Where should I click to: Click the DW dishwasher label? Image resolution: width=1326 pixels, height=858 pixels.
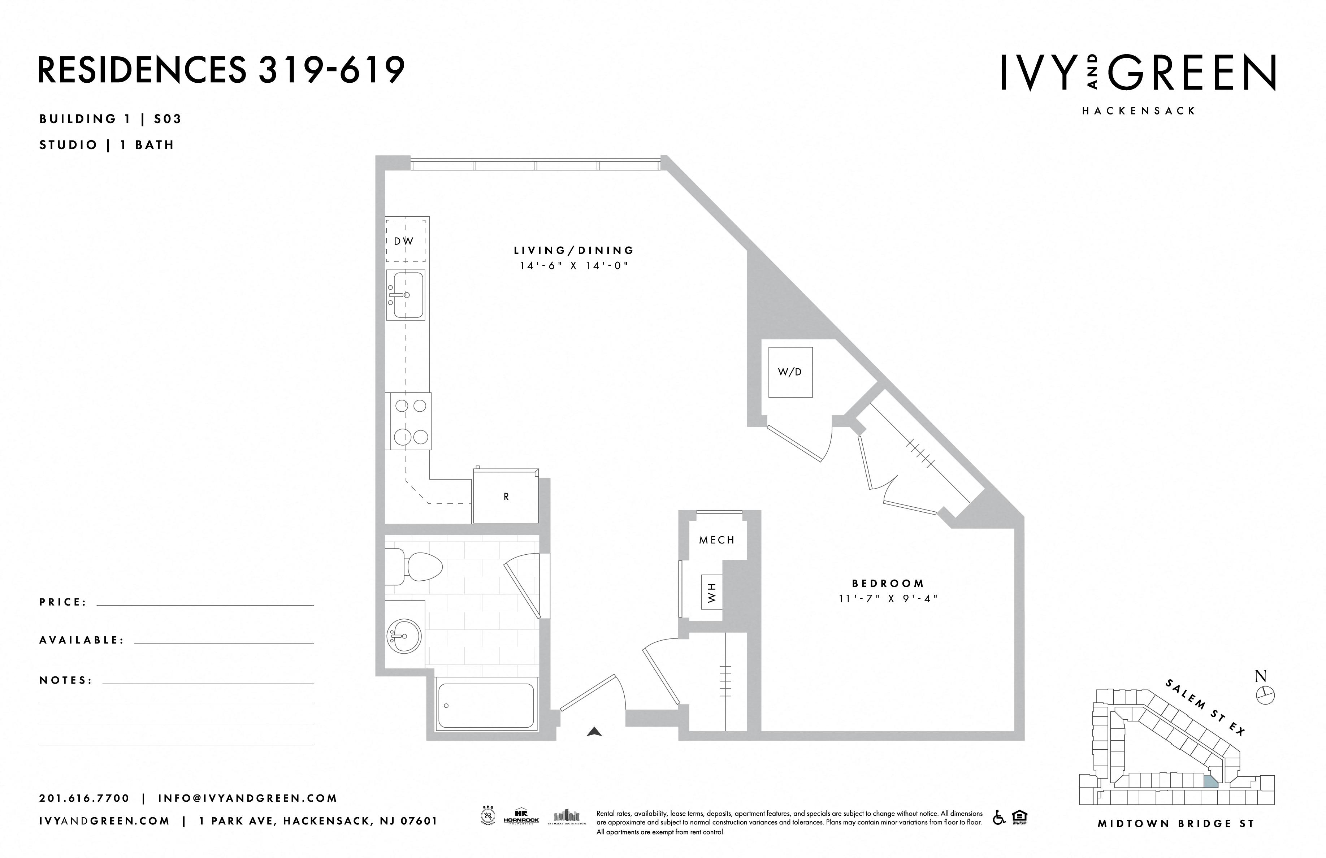click(404, 241)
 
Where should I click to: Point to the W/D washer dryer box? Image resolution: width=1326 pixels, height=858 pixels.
click(790, 372)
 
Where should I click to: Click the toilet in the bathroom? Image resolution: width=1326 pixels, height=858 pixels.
click(415, 567)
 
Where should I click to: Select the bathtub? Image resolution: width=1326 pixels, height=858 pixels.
click(485, 705)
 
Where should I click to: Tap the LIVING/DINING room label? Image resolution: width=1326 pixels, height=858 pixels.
click(573, 250)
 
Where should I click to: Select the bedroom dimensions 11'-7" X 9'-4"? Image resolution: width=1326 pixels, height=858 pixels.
click(888, 599)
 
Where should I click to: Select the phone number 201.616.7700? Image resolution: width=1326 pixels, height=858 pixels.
click(84, 798)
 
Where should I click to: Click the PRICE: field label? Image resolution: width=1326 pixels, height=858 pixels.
click(63, 602)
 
